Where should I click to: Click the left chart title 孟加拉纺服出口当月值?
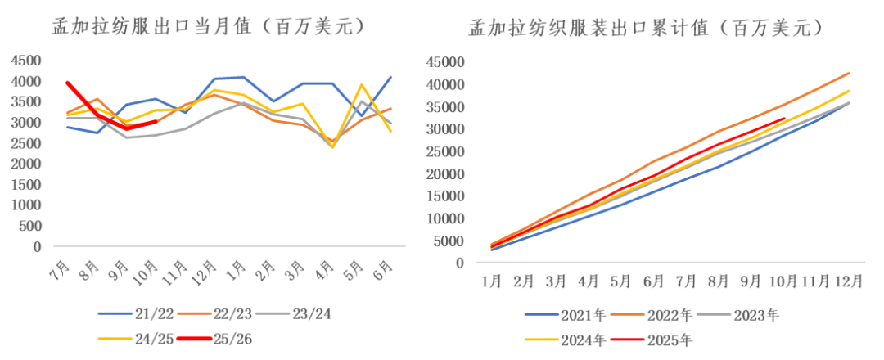point(204,26)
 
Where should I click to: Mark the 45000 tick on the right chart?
point(446,62)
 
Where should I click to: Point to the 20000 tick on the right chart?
point(446,173)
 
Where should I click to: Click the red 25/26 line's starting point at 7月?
point(67,82)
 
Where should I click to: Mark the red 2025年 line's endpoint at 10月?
point(783,119)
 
